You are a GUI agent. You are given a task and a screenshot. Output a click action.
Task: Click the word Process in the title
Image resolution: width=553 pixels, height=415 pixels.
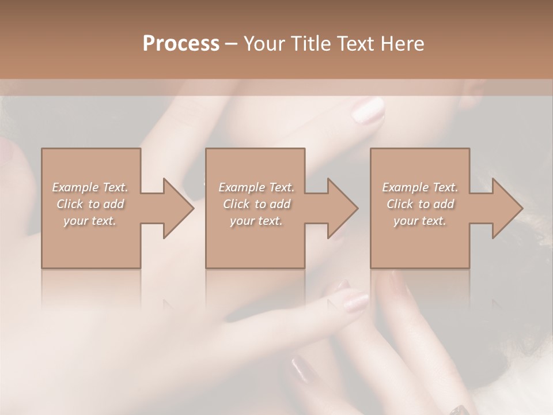tap(181, 43)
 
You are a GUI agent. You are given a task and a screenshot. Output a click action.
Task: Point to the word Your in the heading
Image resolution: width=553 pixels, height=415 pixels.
tap(264, 43)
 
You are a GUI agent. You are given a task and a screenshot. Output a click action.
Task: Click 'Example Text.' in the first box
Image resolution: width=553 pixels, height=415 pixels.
tap(90, 187)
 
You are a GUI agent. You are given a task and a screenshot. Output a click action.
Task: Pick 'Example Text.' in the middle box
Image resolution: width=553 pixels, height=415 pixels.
tap(256, 187)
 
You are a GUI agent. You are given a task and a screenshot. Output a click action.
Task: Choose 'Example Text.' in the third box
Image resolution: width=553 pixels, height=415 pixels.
tap(420, 187)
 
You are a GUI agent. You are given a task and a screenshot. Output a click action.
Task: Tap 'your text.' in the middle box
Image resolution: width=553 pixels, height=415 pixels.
tap(256, 221)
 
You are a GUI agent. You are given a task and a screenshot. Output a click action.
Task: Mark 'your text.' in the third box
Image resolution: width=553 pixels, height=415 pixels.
tap(420, 221)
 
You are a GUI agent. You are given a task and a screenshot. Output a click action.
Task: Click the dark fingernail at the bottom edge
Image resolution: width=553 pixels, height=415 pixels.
tap(461, 410)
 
